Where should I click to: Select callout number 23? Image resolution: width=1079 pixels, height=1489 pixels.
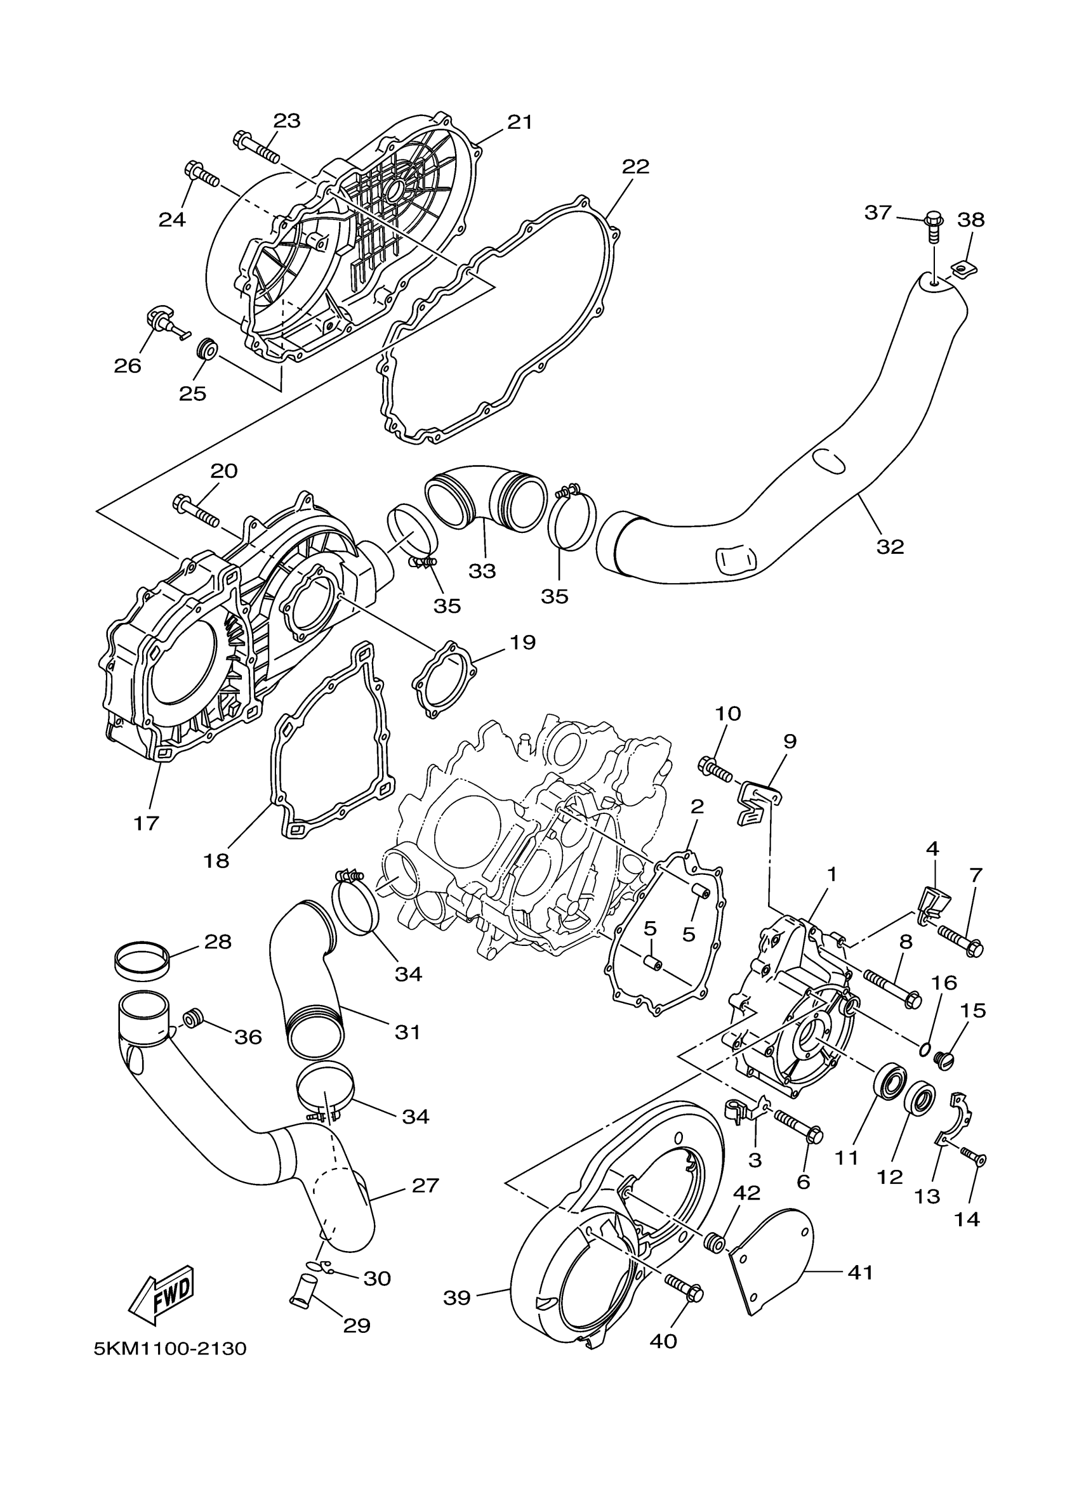286,120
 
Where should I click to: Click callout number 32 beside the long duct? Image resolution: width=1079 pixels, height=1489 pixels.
890,546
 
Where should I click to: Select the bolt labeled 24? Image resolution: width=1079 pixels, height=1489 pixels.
201,174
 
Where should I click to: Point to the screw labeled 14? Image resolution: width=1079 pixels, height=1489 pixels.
972,1171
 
